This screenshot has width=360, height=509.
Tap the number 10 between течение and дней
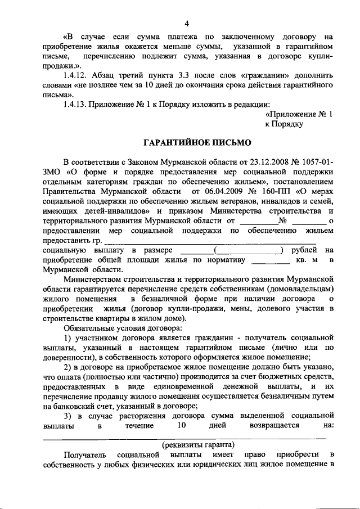(x=181, y=425)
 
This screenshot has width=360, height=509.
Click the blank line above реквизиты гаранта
(x=188, y=437)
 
